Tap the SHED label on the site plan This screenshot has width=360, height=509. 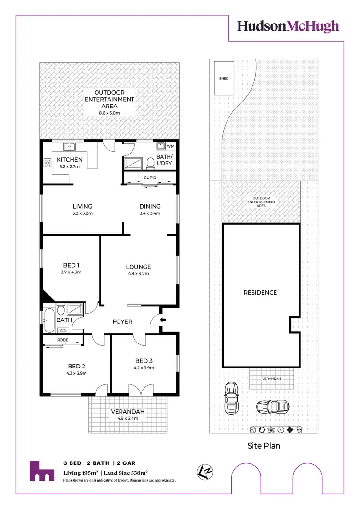tap(224, 78)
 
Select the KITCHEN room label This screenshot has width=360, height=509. tap(70, 160)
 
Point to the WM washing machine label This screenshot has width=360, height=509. tap(170, 146)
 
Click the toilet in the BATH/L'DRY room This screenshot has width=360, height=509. tap(150, 163)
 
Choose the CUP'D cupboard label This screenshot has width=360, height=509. tap(150, 177)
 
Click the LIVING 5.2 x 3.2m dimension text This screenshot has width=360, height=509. tap(83, 213)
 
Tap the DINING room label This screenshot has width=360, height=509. tap(149, 207)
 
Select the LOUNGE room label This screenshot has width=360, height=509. tap(138, 267)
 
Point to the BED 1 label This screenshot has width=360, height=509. tap(71, 265)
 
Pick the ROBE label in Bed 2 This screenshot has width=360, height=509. tap(62, 340)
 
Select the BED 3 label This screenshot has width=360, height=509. tap(144, 361)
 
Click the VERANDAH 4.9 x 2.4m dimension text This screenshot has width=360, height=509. tap(127, 418)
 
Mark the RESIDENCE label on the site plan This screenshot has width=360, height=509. tap(260, 292)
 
